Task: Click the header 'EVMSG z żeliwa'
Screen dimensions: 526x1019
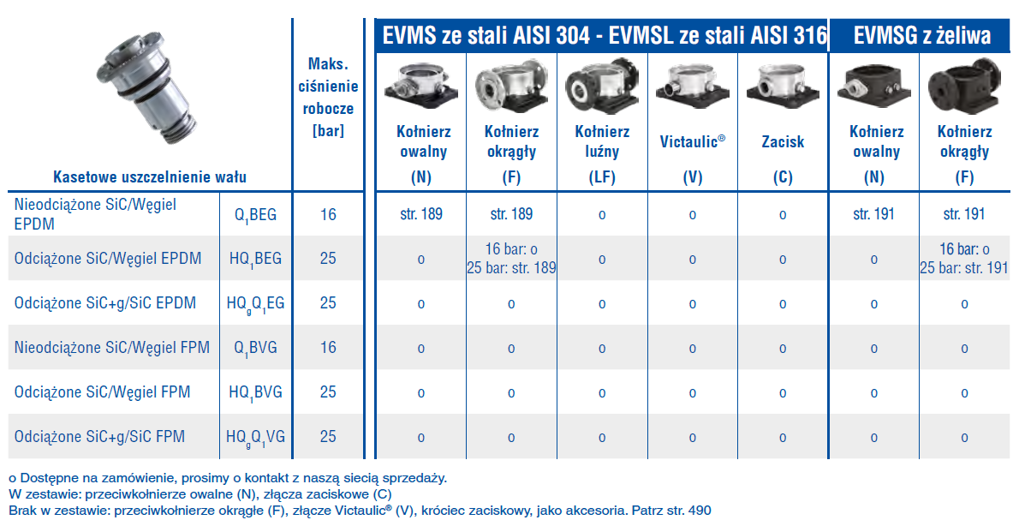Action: (x=922, y=35)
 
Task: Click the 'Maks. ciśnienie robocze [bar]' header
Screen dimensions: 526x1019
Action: (x=328, y=98)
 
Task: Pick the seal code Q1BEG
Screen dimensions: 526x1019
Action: (x=255, y=214)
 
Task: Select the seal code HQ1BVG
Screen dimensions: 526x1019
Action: (x=255, y=392)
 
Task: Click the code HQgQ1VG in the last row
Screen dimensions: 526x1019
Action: (x=255, y=437)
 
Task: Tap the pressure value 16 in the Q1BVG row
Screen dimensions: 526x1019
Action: (x=328, y=348)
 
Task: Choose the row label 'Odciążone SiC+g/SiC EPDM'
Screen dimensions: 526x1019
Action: (x=105, y=303)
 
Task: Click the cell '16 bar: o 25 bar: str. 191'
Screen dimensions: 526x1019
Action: (x=964, y=259)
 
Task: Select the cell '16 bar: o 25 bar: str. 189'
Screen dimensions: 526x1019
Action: (x=511, y=259)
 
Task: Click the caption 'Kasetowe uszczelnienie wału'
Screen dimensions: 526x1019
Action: (x=150, y=177)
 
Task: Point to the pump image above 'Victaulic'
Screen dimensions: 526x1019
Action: (x=692, y=87)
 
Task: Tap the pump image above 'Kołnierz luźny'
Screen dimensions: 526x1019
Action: (x=602, y=87)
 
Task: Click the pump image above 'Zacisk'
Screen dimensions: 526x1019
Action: (x=783, y=87)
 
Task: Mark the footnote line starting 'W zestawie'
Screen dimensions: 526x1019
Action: (x=200, y=494)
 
